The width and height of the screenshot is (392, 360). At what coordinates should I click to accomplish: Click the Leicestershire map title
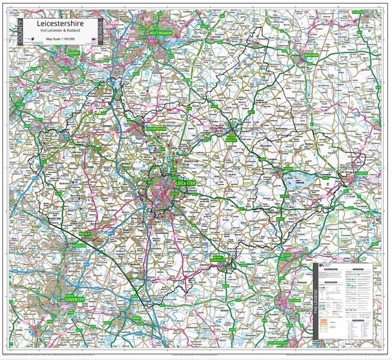pos(58,23)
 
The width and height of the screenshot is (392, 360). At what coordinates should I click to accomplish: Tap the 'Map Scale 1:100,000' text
pos(58,38)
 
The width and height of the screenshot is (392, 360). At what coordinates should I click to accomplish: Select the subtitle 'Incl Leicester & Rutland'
pos(58,31)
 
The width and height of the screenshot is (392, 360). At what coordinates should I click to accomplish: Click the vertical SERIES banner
pos(100,32)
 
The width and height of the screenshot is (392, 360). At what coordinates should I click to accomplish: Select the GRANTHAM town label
pos(311,55)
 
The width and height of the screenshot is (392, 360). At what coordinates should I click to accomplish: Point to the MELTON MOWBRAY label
pos(231,139)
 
